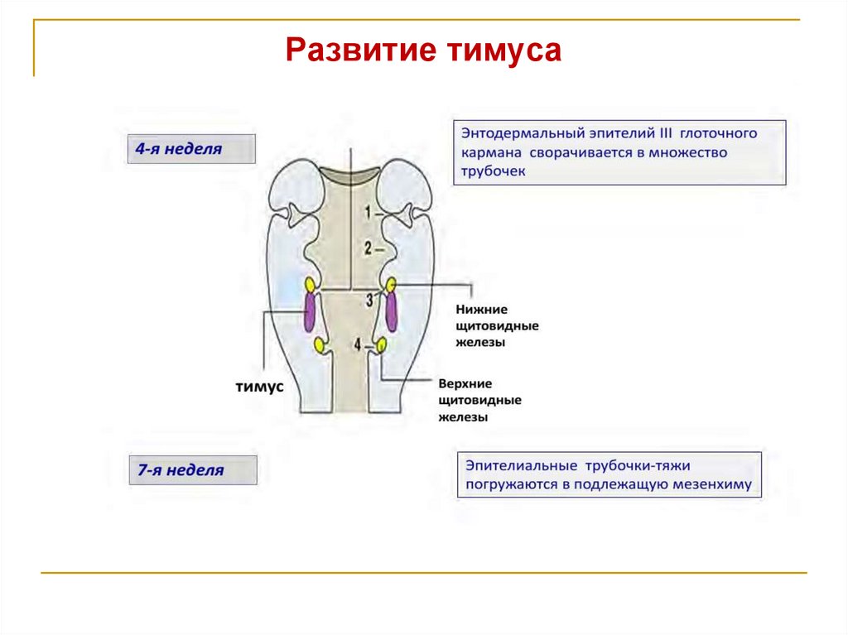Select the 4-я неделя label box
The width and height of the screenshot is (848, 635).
(x=191, y=149)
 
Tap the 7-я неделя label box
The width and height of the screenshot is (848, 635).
(x=192, y=469)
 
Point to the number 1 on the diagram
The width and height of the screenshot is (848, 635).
(x=368, y=213)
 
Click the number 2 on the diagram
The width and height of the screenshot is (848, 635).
(x=368, y=247)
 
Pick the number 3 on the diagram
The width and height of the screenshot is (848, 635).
(x=369, y=301)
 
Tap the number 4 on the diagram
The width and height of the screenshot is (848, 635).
(x=358, y=344)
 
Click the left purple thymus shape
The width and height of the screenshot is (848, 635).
(x=310, y=311)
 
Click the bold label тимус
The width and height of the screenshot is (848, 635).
(x=259, y=387)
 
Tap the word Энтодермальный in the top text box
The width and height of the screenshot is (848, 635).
(x=519, y=132)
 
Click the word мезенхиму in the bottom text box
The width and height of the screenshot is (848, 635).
(x=712, y=484)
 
